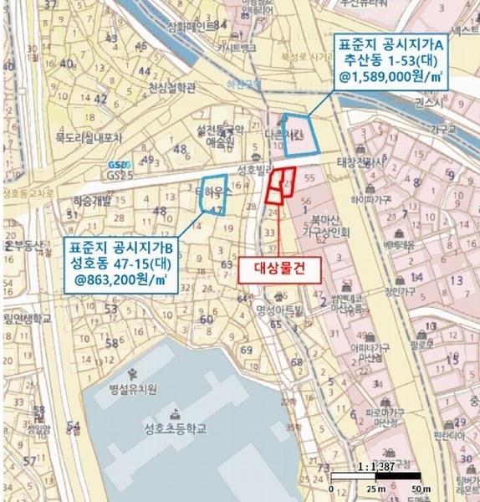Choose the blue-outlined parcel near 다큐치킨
[x=303, y=136]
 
